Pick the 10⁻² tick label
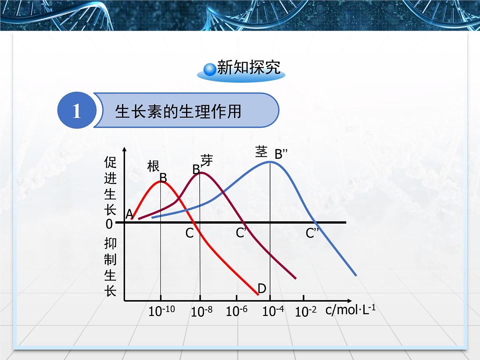(306, 312)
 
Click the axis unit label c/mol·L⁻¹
(350, 310)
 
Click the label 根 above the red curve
(153, 166)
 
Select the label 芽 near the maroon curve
(207, 160)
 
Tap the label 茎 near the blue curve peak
(261, 152)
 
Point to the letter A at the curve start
(129, 215)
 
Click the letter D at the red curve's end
(262, 288)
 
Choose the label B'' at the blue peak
(281, 154)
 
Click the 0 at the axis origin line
(109, 224)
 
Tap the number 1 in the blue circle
(76, 111)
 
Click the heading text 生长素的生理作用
(178, 111)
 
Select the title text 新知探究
(248, 68)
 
